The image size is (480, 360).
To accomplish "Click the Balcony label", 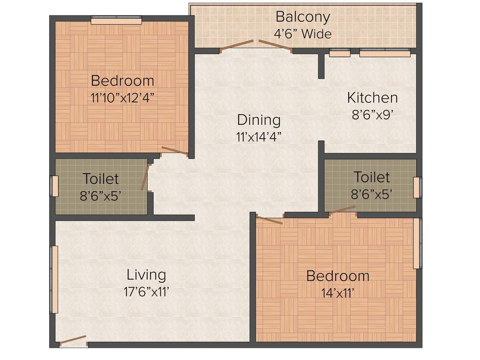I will [302, 17].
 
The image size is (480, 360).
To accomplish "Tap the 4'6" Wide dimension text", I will [302, 34].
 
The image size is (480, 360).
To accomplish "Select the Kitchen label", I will [372, 97].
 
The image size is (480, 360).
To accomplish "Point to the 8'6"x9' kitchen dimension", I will [372, 115].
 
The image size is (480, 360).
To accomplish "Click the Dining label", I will [259, 120].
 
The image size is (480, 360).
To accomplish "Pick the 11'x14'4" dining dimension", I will [259, 137].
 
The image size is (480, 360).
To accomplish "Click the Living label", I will [146, 274].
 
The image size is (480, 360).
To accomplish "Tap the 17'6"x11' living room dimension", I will [146, 292].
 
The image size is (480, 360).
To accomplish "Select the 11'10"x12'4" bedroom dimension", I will [122, 98].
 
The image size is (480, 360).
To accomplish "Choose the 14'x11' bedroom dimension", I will [337, 293].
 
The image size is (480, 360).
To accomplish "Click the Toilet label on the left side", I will [101, 179].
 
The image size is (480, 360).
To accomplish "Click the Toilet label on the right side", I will [371, 177].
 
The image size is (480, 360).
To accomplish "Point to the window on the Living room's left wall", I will [55, 279].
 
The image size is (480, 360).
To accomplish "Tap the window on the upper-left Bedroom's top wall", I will [116, 21].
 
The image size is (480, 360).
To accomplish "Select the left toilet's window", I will [55, 186].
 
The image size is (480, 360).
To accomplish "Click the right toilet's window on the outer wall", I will [417, 187].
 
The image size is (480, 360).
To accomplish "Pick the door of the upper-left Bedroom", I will [174, 151].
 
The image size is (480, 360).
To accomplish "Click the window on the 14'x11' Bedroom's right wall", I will [417, 243].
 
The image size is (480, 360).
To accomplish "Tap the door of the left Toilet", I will [145, 176].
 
